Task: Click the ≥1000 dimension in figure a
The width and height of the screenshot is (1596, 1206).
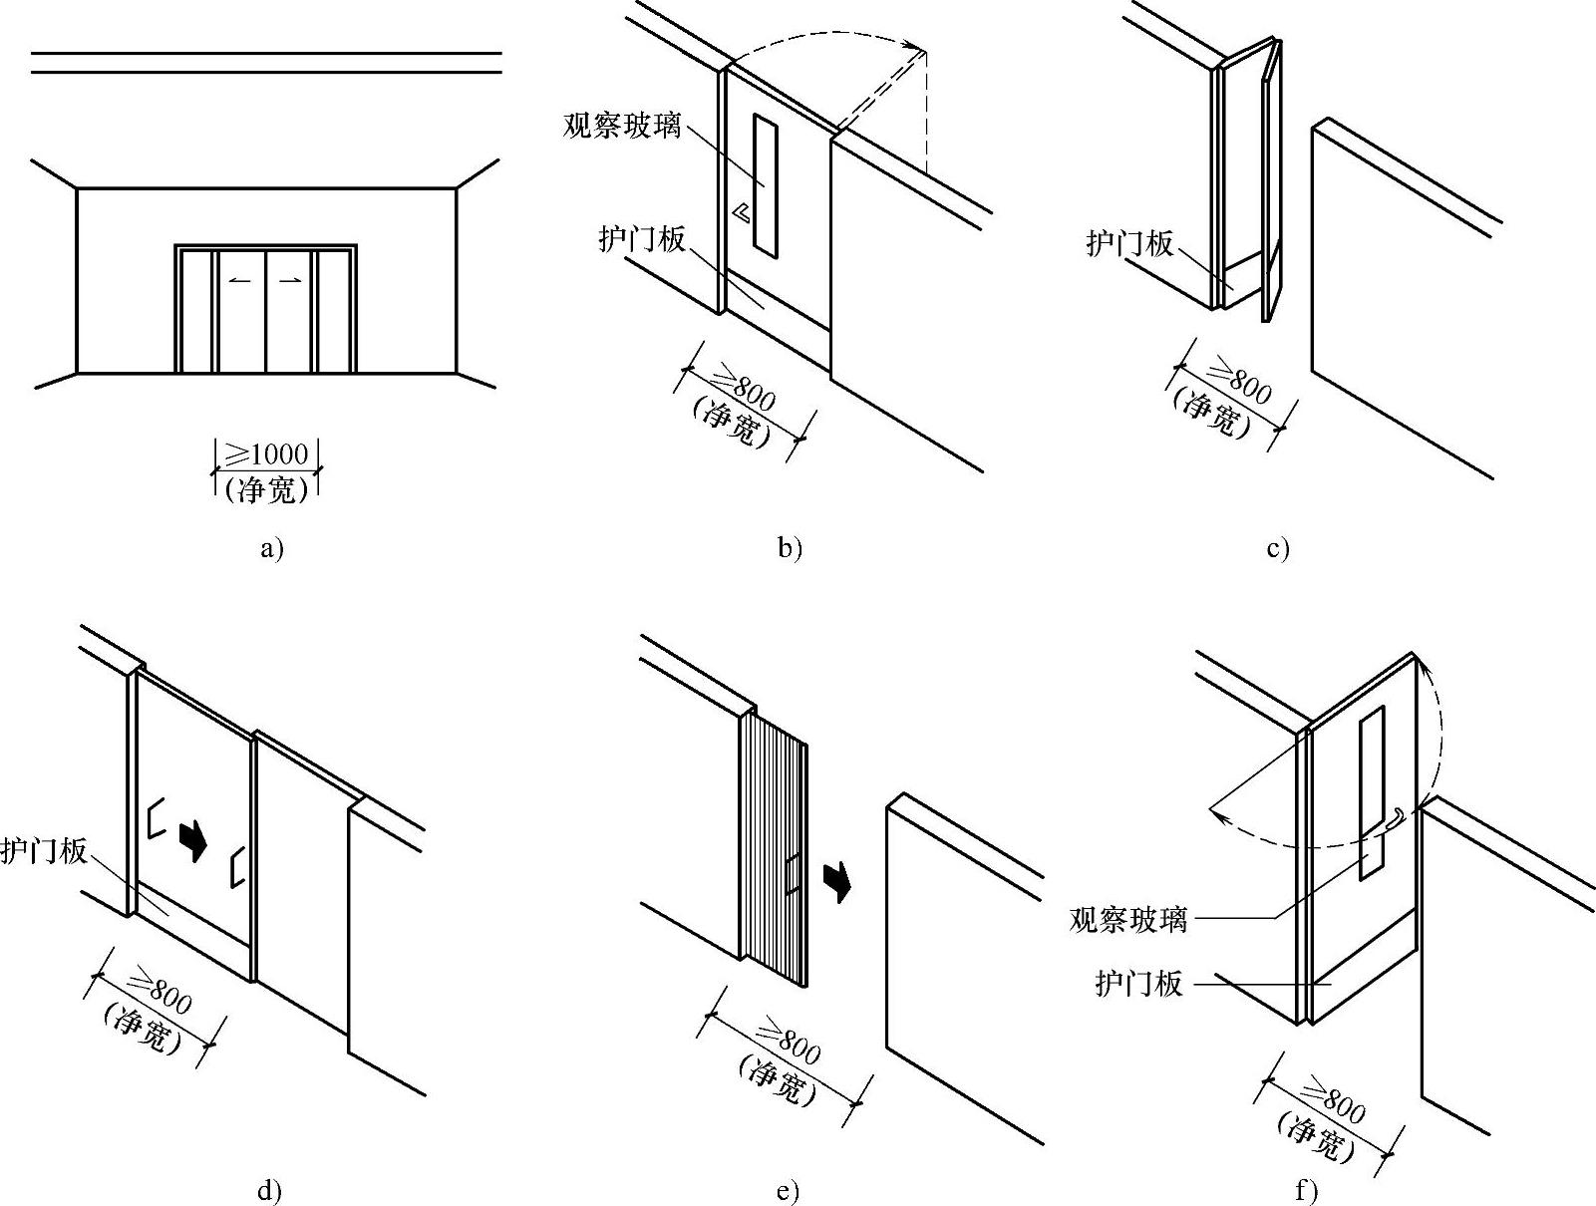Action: point(266,454)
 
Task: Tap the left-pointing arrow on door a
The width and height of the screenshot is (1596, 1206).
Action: point(240,281)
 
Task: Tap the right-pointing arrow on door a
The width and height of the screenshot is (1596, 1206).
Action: point(290,281)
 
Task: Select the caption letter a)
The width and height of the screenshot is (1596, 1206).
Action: point(271,548)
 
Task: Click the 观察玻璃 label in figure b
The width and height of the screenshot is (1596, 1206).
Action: point(622,126)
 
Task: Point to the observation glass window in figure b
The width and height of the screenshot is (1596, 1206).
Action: point(766,185)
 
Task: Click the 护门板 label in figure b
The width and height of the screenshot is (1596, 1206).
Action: point(642,239)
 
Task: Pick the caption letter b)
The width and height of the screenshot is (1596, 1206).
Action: point(790,548)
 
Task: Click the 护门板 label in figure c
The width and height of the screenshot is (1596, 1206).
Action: point(1129,243)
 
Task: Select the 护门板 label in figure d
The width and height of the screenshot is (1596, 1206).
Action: point(44,851)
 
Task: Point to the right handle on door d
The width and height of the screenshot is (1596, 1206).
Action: point(237,865)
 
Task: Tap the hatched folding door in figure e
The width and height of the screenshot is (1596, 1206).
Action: point(773,847)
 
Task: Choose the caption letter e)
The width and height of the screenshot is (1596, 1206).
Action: point(788,1191)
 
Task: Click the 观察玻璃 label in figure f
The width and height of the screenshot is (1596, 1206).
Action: point(1127,918)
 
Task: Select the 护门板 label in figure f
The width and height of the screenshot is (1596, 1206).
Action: point(1138,984)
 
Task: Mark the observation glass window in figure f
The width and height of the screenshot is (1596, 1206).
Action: point(1372,792)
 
